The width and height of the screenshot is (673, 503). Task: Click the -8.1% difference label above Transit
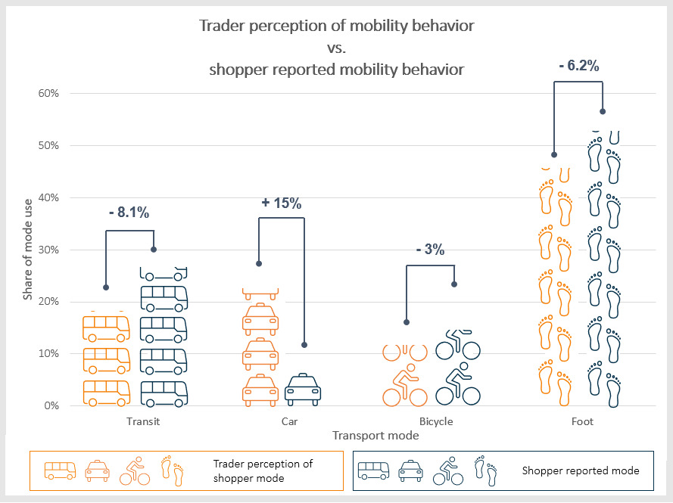click(x=129, y=213)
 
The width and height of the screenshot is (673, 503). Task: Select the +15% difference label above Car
click(x=281, y=203)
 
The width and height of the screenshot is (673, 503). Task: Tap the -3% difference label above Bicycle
click(x=430, y=250)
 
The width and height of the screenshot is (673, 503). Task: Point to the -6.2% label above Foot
click(x=578, y=66)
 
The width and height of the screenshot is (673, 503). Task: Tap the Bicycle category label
click(x=435, y=421)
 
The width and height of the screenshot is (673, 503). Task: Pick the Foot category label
click(x=583, y=421)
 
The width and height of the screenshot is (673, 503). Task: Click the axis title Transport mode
click(x=375, y=436)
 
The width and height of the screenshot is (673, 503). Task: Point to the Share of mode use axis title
click(x=28, y=250)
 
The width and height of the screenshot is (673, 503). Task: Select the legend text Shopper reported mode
click(x=581, y=470)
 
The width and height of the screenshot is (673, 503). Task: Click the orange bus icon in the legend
click(x=60, y=470)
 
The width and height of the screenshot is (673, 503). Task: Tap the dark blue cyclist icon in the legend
click(x=447, y=470)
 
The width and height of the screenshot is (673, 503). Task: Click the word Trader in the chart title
click(x=220, y=26)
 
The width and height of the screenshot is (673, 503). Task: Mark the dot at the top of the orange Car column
click(x=259, y=263)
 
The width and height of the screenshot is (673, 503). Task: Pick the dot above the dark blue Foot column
click(x=603, y=111)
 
